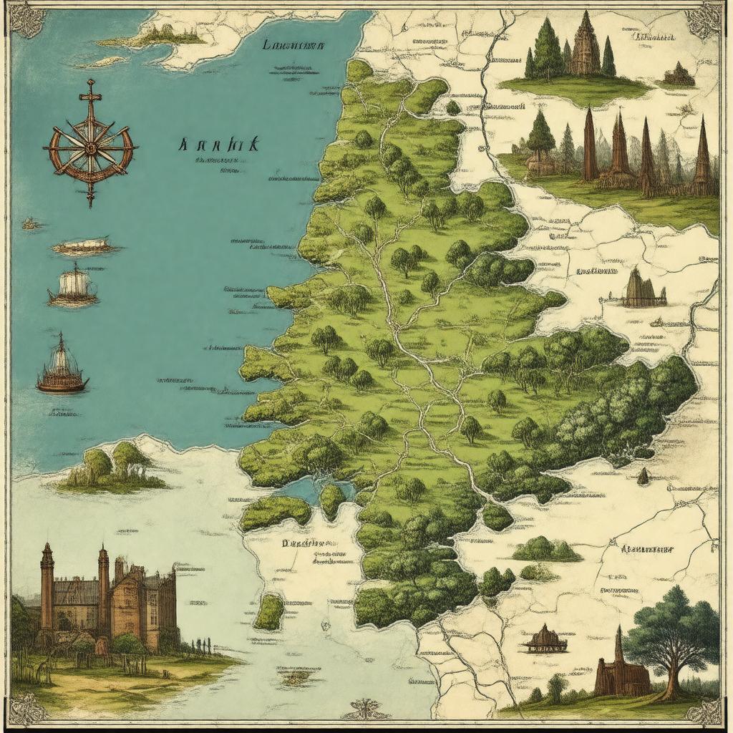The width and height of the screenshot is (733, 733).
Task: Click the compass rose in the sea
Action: tap(90, 146)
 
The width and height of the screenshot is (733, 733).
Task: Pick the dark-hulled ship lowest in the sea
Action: tap(62, 369)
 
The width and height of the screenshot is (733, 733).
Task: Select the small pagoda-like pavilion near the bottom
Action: tap(545, 639)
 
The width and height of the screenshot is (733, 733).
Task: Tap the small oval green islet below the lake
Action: tap(270, 612)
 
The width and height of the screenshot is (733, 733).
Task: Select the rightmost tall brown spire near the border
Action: tap(702, 157)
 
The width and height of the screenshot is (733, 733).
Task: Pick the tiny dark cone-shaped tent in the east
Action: tap(643, 475)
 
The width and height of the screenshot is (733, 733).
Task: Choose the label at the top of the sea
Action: tap(294, 45)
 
